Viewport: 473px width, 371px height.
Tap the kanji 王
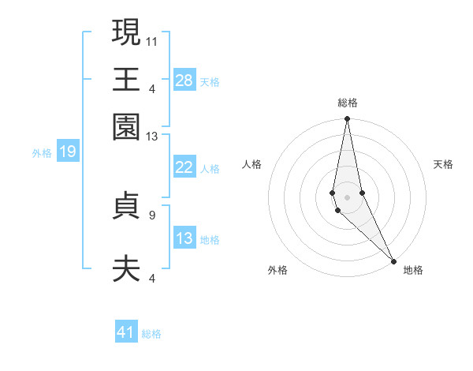[126, 80]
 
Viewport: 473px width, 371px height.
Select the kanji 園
[126, 127]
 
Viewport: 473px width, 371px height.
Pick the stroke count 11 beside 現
[152, 39]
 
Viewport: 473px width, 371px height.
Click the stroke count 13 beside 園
[152, 137]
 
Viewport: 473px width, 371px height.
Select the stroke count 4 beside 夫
[152, 278]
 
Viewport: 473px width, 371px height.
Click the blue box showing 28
[184, 80]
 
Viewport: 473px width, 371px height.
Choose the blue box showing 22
[184, 167]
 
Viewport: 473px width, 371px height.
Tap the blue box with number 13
[184, 238]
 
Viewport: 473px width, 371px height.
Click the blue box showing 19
[68, 152]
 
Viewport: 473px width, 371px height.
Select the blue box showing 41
[126, 332]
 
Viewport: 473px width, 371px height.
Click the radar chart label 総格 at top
[348, 103]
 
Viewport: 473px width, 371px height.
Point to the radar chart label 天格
[443, 164]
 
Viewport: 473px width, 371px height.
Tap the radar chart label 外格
[277, 270]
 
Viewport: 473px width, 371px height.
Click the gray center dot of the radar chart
[348, 197]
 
